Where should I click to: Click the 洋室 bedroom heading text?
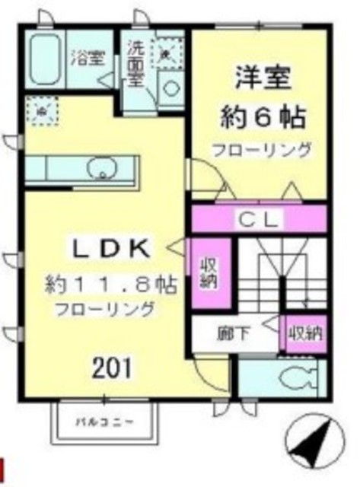point(262,79)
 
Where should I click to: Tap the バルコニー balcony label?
point(106,420)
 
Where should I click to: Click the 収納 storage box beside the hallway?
point(304,333)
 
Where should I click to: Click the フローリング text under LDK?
point(104,309)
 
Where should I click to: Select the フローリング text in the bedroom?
point(262,149)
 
